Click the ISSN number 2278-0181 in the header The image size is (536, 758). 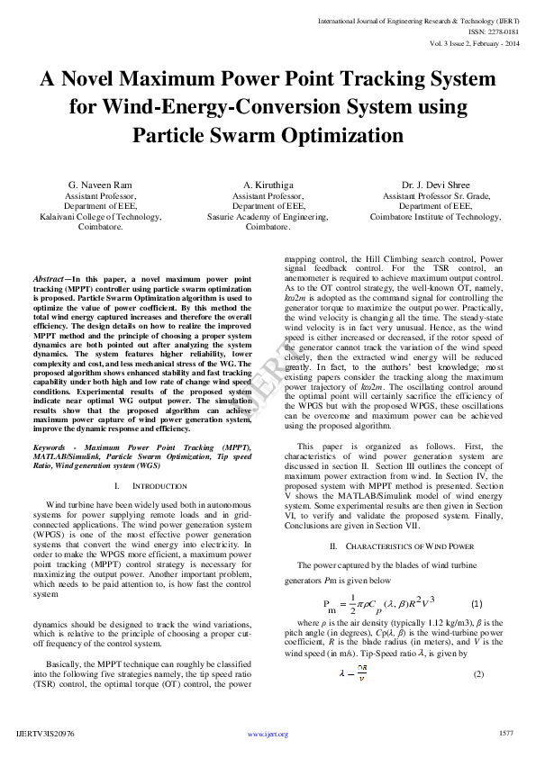pyautogui.click(x=495, y=31)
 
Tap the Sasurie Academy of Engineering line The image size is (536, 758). pyautogui.click(x=268, y=217)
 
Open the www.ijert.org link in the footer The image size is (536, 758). pyautogui.click(x=268, y=734)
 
